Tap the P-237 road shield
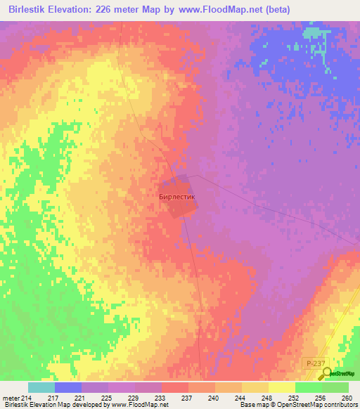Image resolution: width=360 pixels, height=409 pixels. pyautogui.click(x=316, y=362)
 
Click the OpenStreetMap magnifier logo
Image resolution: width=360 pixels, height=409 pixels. pyautogui.click(x=325, y=374)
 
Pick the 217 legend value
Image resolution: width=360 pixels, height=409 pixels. pyautogui.click(x=53, y=397)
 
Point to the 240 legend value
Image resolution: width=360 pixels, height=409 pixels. pyautogui.click(x=213, y=397)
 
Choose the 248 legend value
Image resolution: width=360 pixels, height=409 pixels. pyautogui.click(x=266, y=397)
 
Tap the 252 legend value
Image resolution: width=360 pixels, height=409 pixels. pyautogui.click(x=293, y=397)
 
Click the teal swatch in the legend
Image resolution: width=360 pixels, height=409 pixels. pyautogui.click(x=41, y=387)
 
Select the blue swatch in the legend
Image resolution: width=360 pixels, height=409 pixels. pyautogui.click(x=68, y=387)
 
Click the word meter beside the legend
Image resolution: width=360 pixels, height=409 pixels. pyautogui.click(x=11, y=397)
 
